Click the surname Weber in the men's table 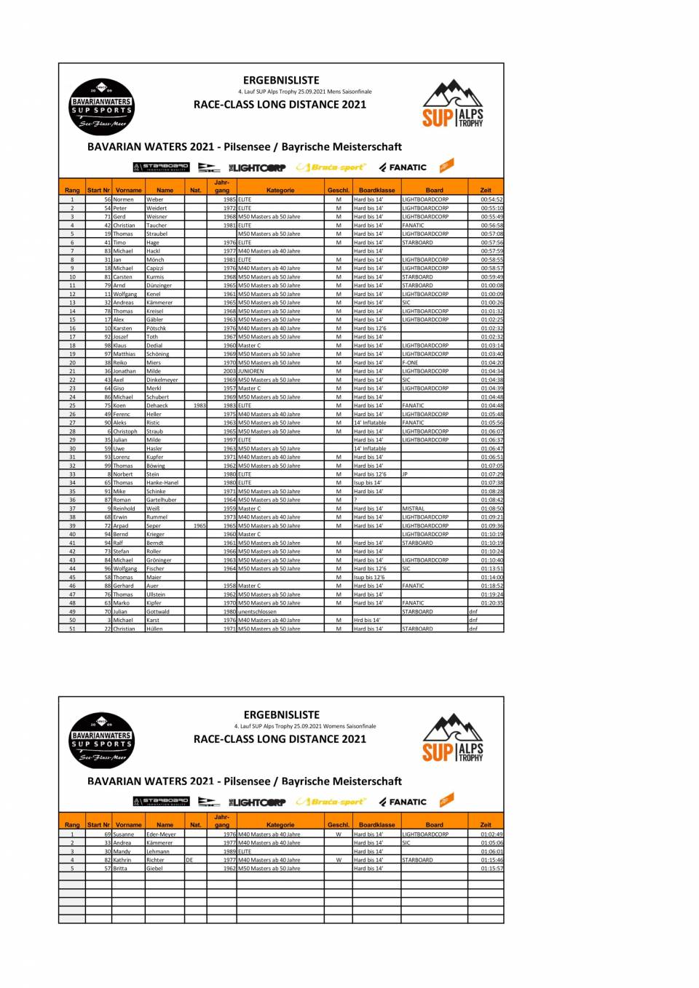tap(155, 199)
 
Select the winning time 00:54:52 tap(491, 199)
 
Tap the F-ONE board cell tap(410, 362)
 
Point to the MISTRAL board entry tap(413, 509)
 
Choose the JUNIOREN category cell tap(251, 371)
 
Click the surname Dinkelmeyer tap(162, 380)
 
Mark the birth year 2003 tap(229, 371)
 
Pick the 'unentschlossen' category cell tap(257, 612)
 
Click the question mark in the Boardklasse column tap(356, 500)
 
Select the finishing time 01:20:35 tap(491, 603)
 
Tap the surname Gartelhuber tap(161, 500)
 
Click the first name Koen tap(119, 405)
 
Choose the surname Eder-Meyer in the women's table tap(161, 834)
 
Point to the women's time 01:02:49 tap(491, 834)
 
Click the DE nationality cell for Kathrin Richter tap(189, 860)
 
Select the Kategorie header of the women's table tap(280, 825)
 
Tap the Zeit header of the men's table tap(486, 190)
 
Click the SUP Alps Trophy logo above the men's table tap(453, 105)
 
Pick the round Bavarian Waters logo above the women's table tap(102, 741)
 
